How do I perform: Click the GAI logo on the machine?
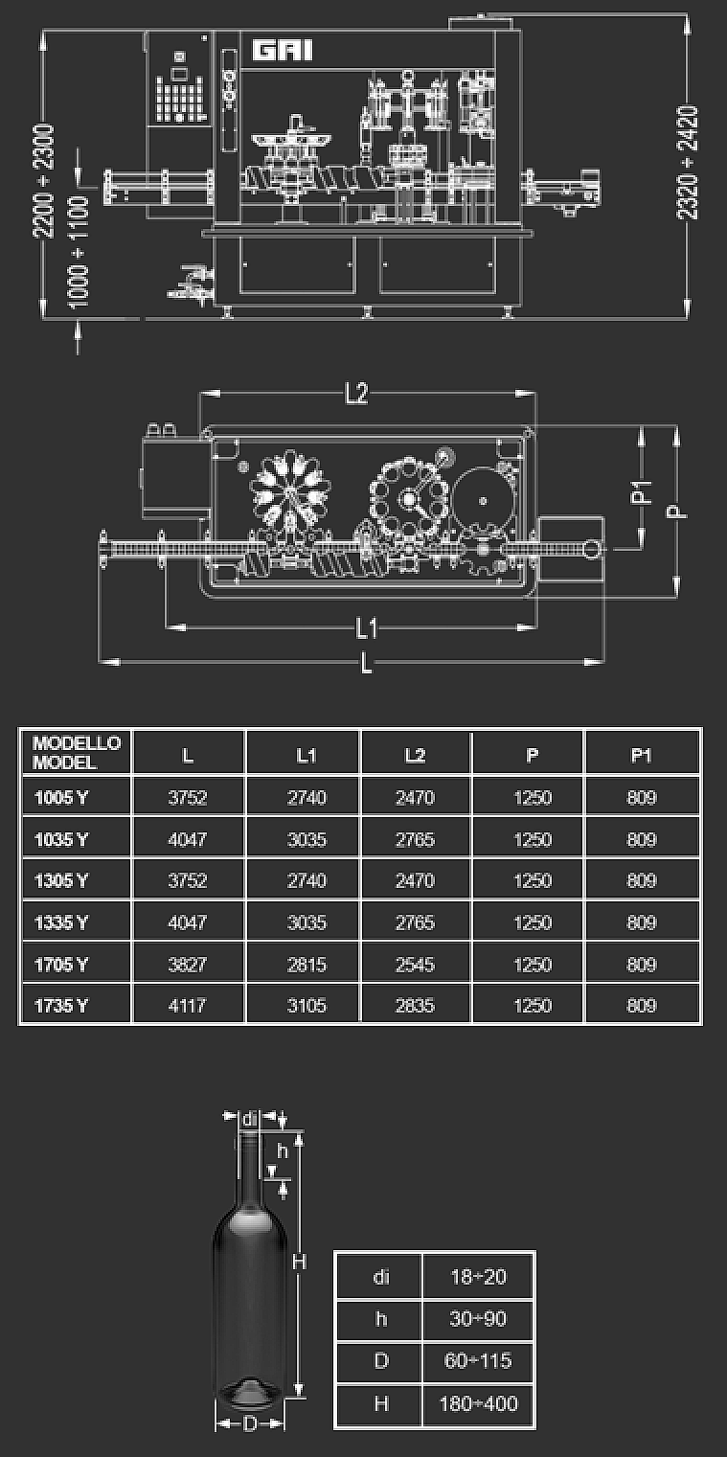283,50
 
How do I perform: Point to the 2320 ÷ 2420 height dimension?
688,163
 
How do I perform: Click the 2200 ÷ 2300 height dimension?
43,180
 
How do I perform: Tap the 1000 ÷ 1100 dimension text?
78,250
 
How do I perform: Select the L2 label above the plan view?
356,393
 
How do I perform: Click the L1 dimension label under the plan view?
367,628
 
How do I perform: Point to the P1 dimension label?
642,491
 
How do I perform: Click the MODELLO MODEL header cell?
76,753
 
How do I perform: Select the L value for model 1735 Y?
188,1006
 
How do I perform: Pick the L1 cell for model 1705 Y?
307,964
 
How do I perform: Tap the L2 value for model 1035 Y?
415,839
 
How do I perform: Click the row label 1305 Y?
61,880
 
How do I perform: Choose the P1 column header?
641,755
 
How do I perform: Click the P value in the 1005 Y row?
533,797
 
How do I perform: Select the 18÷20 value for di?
478,1277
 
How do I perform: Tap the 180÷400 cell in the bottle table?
478,1403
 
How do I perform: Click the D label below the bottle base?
250,1424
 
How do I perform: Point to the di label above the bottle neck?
250,1120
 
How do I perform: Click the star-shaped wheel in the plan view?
290,493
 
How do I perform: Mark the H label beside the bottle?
299,1262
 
